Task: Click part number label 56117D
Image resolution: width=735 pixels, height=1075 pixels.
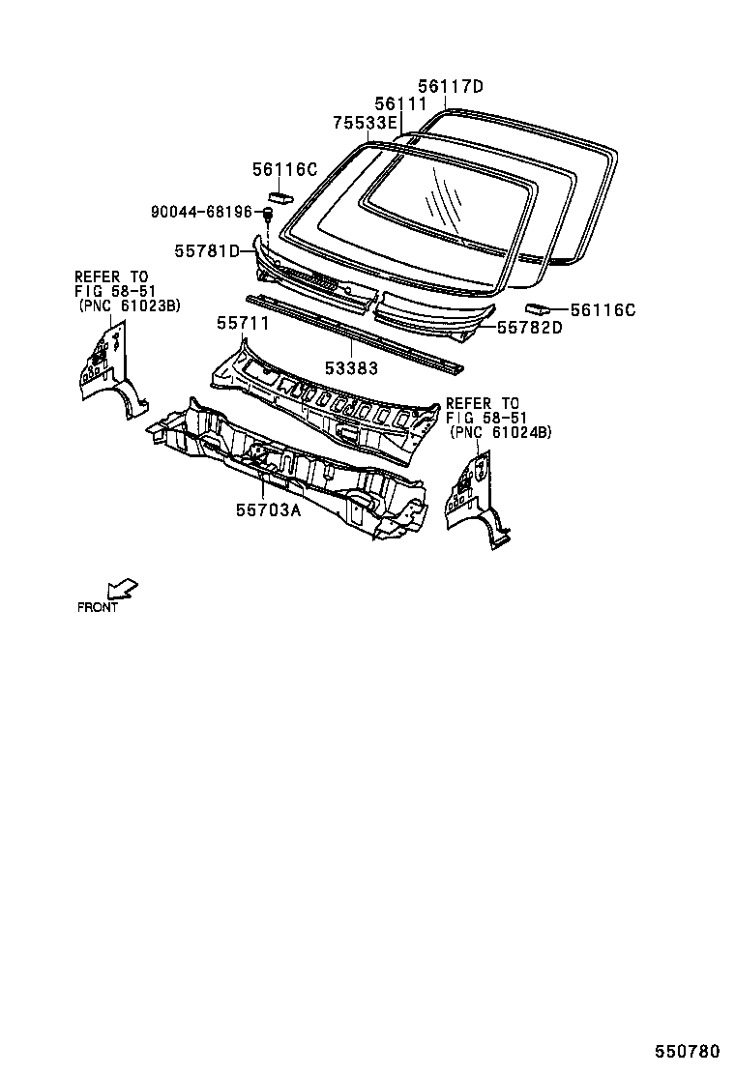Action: pos(450,87)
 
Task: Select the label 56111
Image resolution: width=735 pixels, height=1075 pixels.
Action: pos(399,104)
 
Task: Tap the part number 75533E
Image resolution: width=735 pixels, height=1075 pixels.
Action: pos(365,123)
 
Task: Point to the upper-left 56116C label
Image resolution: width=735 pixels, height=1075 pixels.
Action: pos(285,169)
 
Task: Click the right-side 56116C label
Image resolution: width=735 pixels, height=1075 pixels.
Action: pos(603,310)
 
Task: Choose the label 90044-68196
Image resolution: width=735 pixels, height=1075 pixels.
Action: pos(201,212)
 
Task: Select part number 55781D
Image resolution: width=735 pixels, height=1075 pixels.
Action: pos(207,251)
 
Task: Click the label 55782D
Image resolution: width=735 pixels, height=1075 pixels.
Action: pos(530,329)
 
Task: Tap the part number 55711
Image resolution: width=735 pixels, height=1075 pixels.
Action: pos(243,323)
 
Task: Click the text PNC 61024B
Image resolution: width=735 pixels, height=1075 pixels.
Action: pos(501,433)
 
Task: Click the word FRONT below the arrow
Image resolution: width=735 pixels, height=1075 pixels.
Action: pos(98,608)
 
